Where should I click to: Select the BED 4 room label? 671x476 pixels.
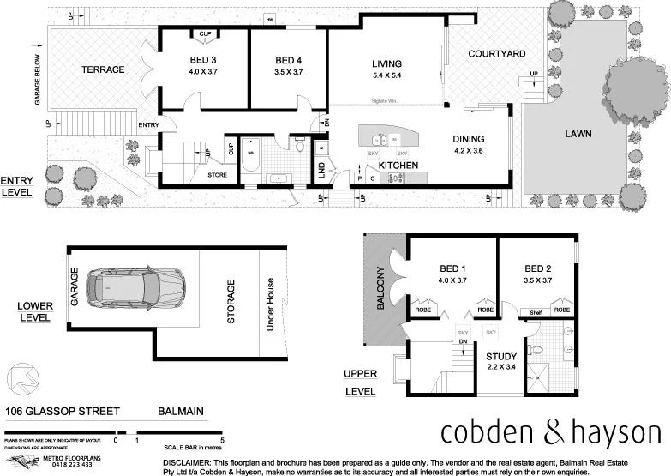pos(289,61)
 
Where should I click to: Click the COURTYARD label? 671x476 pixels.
pos(496,54)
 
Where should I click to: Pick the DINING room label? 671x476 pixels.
pos(469,139)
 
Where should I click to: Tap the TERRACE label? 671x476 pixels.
pos(103,69)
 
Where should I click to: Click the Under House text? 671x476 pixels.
pos(269,307)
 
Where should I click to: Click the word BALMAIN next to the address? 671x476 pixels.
pos(181,412)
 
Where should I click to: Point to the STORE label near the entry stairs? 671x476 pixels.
pos(218,175)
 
